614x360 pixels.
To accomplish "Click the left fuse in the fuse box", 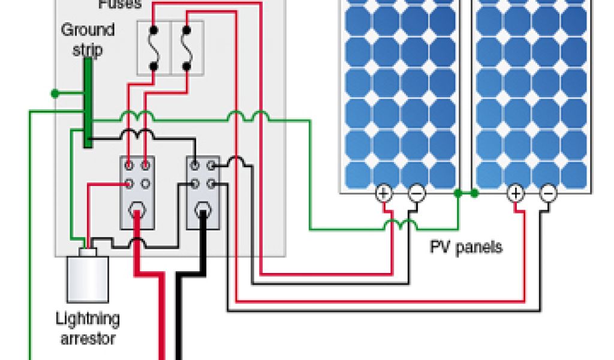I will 153,48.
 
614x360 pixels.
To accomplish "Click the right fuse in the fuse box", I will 186,48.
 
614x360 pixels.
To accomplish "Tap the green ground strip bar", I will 88,102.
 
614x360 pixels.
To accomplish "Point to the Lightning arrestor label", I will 88,328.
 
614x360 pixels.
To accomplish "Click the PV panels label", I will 466,247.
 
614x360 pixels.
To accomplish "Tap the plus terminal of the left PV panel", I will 383,193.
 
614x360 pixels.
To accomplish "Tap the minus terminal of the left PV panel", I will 417,193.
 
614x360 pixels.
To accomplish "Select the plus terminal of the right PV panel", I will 516,193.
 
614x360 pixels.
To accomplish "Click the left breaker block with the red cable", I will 137,192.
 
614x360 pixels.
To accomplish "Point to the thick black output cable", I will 179,312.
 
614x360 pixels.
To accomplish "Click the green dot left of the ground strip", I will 55,93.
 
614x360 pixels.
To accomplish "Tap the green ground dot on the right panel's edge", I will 474,193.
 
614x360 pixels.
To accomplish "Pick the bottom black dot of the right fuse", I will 186,67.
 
